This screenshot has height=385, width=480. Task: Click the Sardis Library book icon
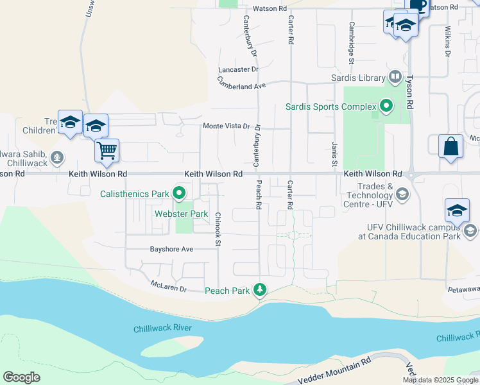pyautogui.click(x=396, y=78)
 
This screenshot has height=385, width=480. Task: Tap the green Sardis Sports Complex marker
pyautogui.click(x=386, y=105)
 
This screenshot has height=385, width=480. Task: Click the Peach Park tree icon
pyautogui.click(x=260, y=291)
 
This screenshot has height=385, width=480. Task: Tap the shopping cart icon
pyautogui.click(x=107, y=151)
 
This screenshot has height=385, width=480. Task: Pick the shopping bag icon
pyautogui.click(x=451, y=146)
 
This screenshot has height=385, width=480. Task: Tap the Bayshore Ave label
pyautogui.click(x=171, y=249)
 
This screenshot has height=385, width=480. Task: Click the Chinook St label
pyautogui.click(x=218, y=229)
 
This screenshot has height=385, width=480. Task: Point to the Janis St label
pyautogui.click(x=334, y=155)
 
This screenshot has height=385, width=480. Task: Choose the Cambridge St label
pyautogui.click(x=352, y=43)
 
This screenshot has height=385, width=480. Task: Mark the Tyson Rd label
pyautogui.click(x=409, y=83)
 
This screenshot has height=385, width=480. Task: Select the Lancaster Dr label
pyautogui.click(x=237, y=69)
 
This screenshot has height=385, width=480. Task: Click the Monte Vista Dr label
pyautogui.click(x=227, y=126)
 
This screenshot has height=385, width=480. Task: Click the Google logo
pyautogui.click(x=21, y=377)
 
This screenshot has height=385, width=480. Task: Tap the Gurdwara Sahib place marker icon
pyautogui.click(x=57, y=156)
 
